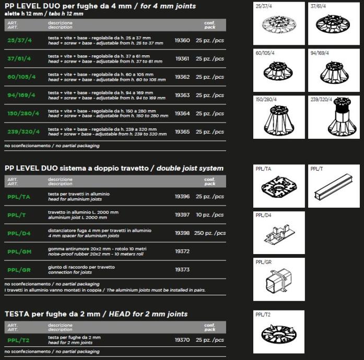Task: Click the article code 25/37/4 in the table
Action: point(20,40)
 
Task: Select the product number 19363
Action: point(182,95)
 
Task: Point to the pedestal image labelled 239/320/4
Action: point(334,117)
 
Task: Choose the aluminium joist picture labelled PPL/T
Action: point(334,187)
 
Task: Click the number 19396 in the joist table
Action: point(182,196)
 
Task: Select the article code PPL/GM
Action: point(20,251)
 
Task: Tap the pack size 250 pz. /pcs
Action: point(209,233)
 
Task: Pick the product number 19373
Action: point(182,269)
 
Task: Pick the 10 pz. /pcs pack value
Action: point(210,214)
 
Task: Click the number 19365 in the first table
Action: point(182,131)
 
